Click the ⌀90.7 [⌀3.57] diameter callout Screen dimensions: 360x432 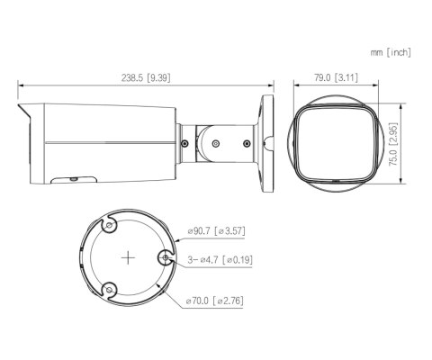click(217, 232)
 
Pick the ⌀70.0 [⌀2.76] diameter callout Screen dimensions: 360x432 click(217, 300)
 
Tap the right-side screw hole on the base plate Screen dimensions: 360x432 click(166, 259)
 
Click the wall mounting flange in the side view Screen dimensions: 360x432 click(267, 140)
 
